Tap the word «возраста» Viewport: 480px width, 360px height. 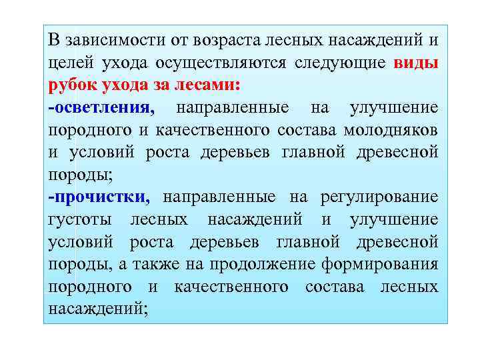click(x=225, y=40)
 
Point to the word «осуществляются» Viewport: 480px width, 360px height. click(x=221, y=63)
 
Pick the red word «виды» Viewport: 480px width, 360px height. click(x=416, y=63)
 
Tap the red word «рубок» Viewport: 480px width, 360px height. click(x=71, y=85)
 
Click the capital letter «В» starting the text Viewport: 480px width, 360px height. click(x=54, y=40)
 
